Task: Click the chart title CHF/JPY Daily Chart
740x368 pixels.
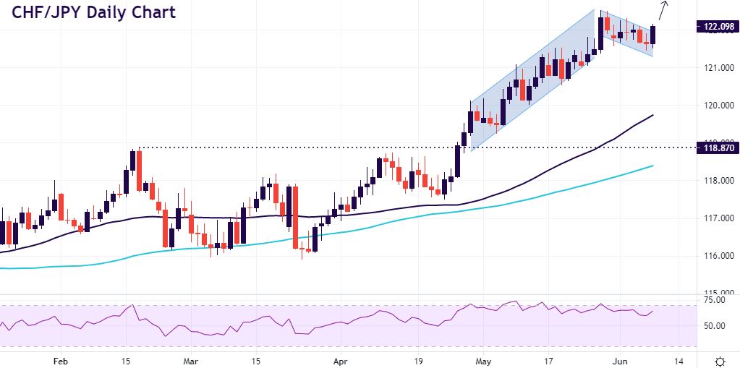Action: tap(92, 13)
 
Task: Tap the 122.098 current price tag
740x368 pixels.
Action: tap(717, 27)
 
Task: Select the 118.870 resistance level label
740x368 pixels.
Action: tap(717, 148)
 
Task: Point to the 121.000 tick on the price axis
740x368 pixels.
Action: tap(717, 68)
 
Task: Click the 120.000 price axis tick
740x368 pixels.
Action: tap(717, 106)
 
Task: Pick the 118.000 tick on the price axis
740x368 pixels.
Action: tap(717, 181)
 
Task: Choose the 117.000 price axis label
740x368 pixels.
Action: tap(717, 218)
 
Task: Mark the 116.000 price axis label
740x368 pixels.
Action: tap(717, 256)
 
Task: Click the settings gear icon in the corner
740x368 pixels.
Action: tap(720, 360)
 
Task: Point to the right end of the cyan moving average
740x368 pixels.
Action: tap(652, 166)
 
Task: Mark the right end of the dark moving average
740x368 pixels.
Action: tap(652, 115)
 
